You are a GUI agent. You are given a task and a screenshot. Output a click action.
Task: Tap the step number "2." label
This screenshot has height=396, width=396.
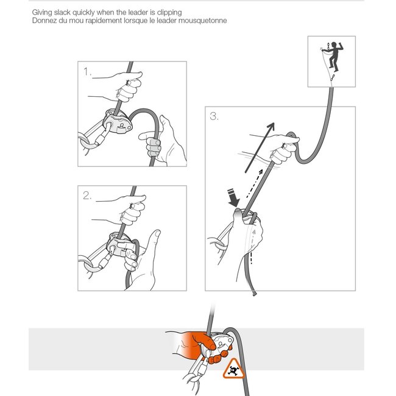click(88, 196)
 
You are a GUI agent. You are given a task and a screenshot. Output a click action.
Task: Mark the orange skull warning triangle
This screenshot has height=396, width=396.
click(233, 369)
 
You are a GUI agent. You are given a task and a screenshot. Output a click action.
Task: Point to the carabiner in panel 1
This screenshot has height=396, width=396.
click(94, 137)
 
